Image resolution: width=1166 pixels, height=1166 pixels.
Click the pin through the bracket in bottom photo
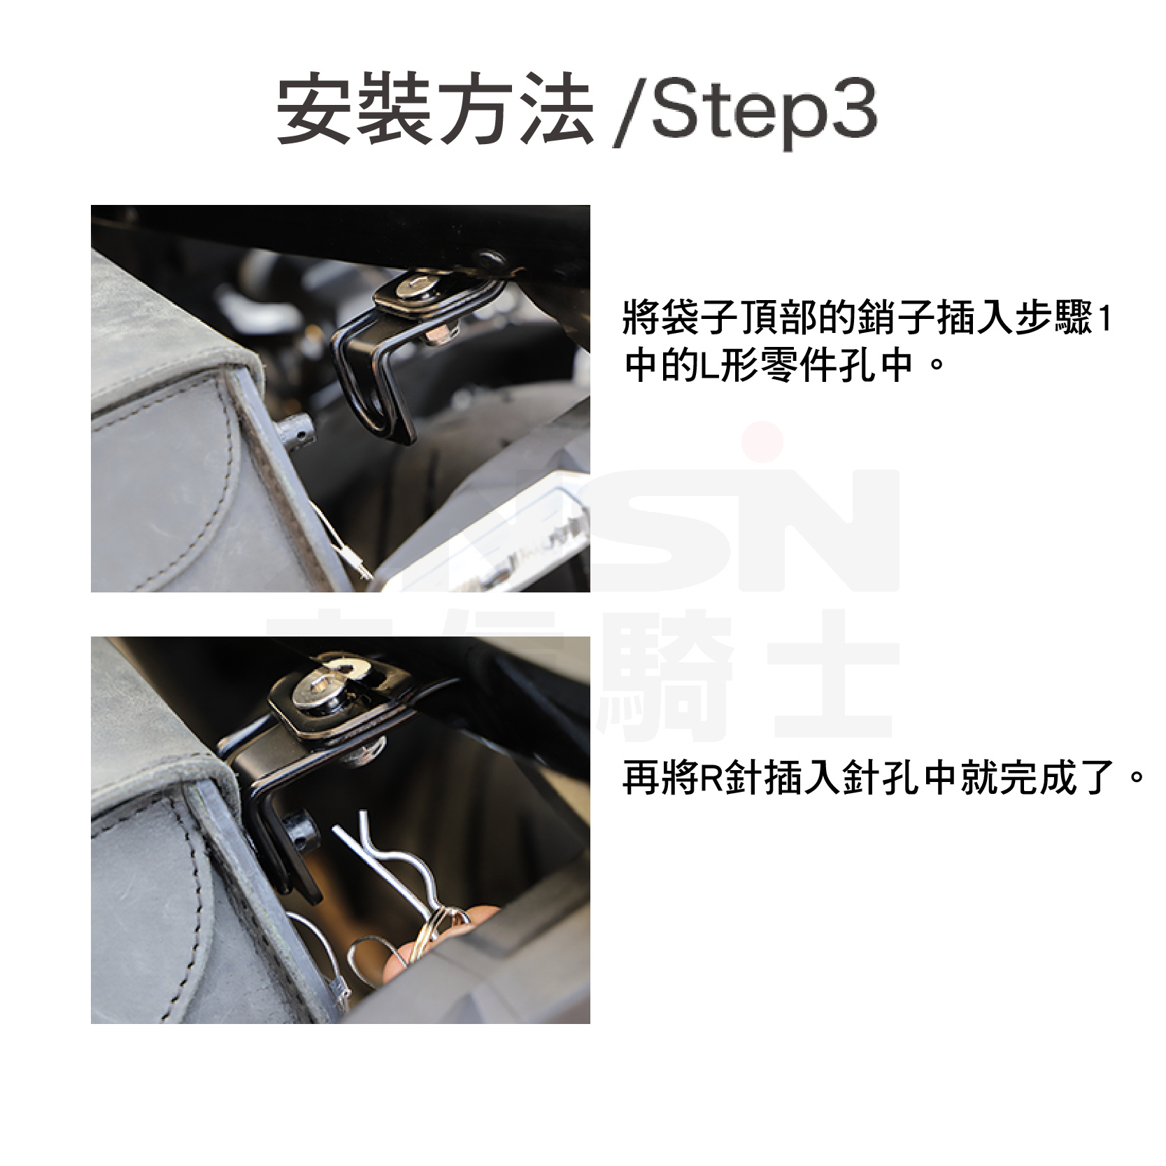tap(301, 829)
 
